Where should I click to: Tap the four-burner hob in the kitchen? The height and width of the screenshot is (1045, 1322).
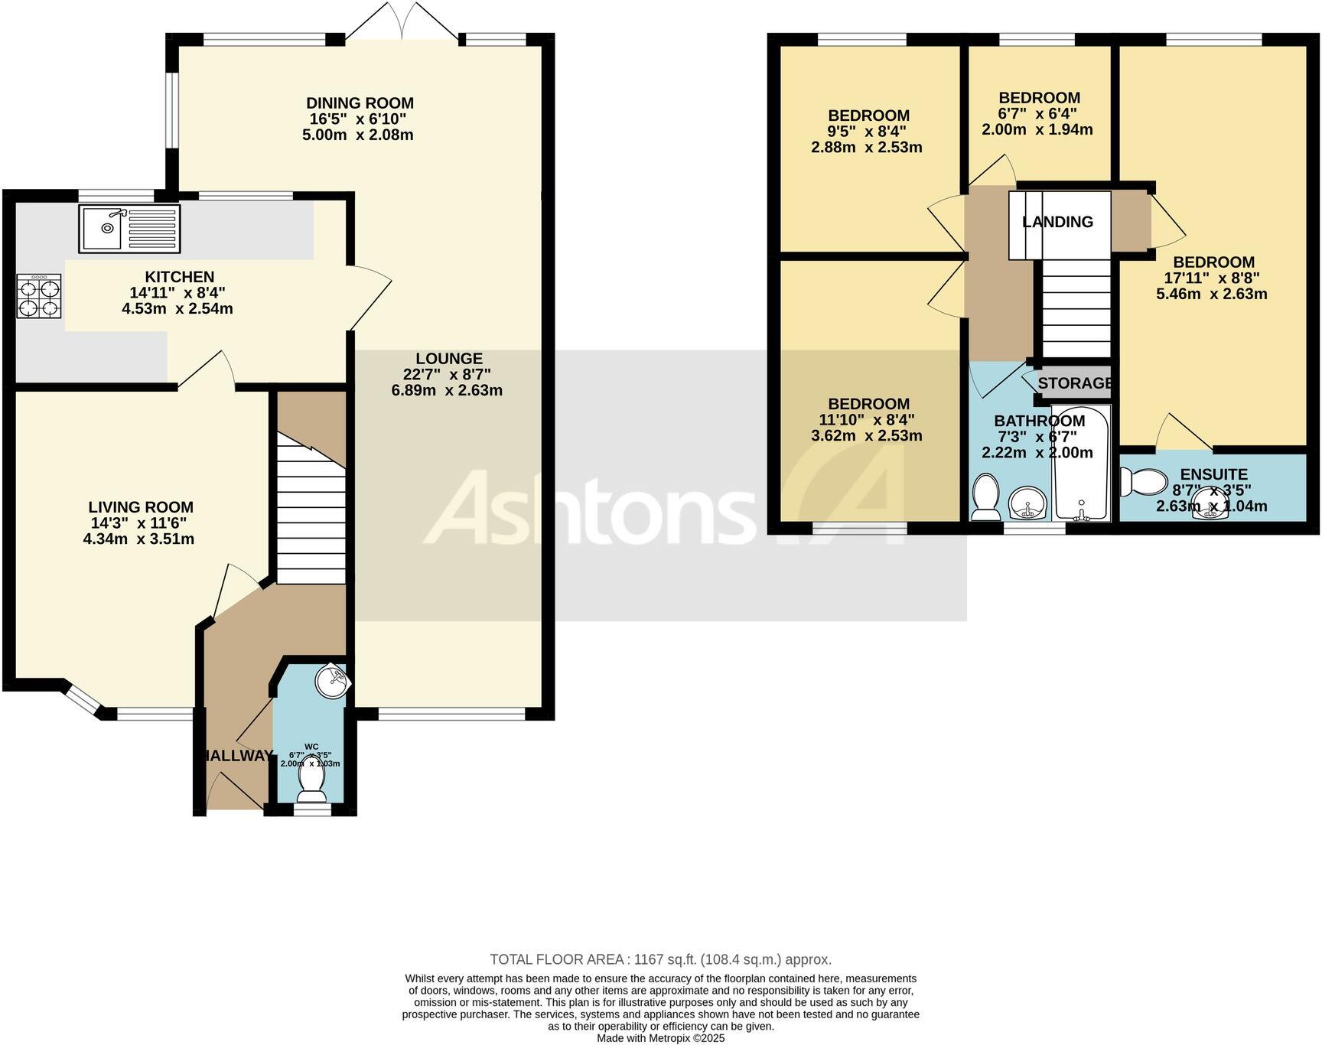click(39, 296)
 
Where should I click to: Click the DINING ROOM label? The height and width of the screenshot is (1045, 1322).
click(360, 103)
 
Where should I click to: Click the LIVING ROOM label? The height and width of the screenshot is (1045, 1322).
click(141, 507)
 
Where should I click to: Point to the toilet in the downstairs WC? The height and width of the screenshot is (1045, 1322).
click(311, 778)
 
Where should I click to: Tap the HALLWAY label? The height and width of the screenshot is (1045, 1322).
click(236, 756)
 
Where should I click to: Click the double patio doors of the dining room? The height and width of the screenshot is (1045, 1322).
click(402, 21)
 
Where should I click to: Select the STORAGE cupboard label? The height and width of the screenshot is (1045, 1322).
click(1075, 383)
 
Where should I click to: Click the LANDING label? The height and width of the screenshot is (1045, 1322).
click(1057, 222)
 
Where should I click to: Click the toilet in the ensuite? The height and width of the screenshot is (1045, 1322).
click(1141, 482)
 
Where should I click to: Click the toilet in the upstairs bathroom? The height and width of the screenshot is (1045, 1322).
click(985, 496)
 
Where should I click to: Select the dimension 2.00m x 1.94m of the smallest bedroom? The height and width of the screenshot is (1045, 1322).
click(1037, 130)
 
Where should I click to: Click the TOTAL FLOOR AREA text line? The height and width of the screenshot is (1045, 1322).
click(660, 959)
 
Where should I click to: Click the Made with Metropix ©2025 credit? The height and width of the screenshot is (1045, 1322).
click(660, 1038)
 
